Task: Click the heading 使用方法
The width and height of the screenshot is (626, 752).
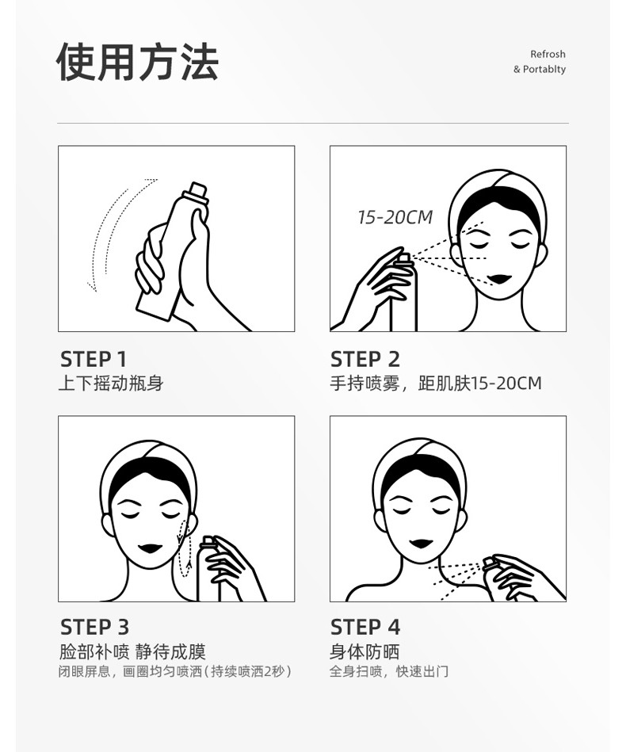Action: (138, 62)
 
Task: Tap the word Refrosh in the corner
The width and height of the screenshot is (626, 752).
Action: (548, 54)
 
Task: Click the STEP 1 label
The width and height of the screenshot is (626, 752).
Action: (94, 359)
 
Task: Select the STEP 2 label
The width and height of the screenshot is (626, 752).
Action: (365, 359)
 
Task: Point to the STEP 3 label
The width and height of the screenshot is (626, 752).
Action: (94, 627)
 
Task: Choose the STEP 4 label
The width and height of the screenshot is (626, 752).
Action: (365, 627)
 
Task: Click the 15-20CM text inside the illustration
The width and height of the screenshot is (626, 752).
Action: (395, 217)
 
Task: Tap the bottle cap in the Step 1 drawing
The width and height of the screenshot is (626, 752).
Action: (197, 189)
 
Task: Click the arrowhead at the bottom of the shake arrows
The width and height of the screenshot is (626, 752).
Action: (92, 287)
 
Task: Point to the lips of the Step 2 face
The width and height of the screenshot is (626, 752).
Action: (499, 279)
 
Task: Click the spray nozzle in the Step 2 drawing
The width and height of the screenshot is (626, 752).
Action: (403, 259)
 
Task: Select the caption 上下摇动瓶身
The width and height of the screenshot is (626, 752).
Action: (111, 384)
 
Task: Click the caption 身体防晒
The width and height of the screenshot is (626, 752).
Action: (365, 651)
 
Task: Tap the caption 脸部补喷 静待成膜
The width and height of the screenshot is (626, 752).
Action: (132, 651)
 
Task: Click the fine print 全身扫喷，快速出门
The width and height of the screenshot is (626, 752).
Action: (389, 671)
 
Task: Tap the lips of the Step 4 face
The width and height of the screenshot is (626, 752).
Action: (422, 544)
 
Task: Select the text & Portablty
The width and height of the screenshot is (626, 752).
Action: (540, 69)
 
